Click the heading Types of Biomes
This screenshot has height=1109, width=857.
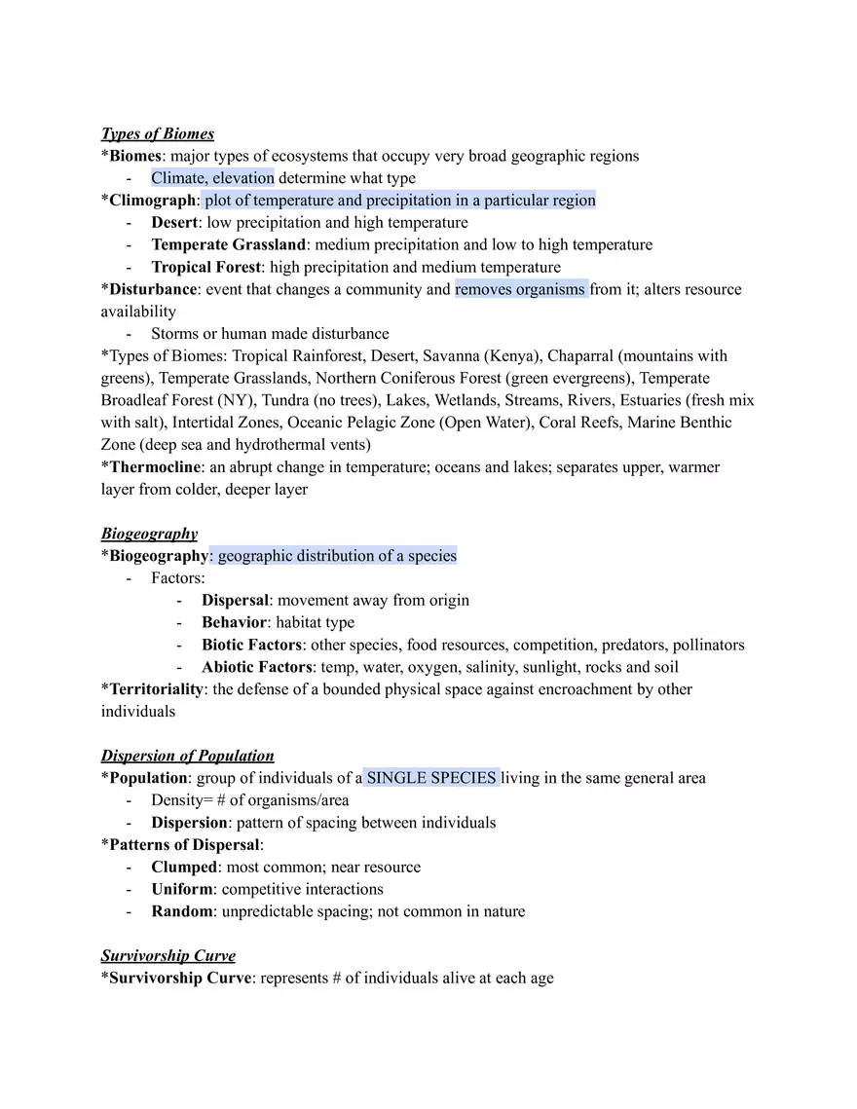(157, 133)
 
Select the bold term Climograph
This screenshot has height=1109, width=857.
(153, 201)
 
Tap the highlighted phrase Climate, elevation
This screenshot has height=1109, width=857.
(212, 178)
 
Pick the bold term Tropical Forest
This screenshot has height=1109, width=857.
(205, 267)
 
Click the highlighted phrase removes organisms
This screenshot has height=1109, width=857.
(520, 289)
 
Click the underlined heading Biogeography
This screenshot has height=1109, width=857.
(149, 534)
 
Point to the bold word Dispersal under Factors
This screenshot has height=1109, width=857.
(234, 601)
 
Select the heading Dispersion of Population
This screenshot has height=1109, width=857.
(187, 756)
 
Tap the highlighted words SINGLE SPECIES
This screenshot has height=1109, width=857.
(431, 778)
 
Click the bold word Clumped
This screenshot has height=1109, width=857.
(183, 867)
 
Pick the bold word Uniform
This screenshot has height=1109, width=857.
(182, 889)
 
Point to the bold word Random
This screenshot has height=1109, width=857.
(181, 911)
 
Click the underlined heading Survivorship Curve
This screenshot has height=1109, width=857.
(168, 956)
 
